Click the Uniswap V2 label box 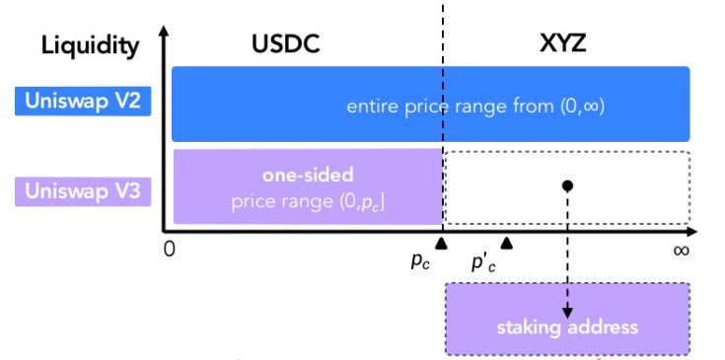click(83, 101)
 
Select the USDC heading click(286, 44)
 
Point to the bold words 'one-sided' click(308, 174)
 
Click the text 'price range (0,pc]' click(308, 201)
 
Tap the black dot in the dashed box click(567, 184)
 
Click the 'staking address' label click(568, 327)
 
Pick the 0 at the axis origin click(170, 250)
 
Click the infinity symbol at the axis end click(681, 250)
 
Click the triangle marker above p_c click(442, 242)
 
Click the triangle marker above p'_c click(507, 242)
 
